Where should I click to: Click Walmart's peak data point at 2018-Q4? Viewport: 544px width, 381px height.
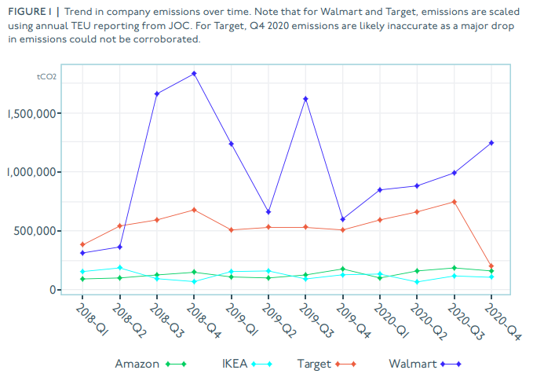point(194,74)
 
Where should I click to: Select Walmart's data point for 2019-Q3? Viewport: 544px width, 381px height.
point(305,99)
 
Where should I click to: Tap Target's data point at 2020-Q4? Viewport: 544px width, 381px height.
point(491,266)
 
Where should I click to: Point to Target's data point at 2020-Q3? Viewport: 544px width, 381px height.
point(454,202)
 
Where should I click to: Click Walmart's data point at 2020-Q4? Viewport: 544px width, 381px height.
point(491,143)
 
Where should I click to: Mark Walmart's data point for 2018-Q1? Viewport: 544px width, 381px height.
point(82,253)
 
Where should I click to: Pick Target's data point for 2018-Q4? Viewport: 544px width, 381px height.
point(194,210)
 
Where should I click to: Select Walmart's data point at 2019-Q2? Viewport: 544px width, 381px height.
point(268,212)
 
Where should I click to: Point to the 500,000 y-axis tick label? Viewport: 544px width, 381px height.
point(36,231)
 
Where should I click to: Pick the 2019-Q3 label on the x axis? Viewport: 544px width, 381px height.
point(315,319)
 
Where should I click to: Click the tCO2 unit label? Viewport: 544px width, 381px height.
point(46,77)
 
